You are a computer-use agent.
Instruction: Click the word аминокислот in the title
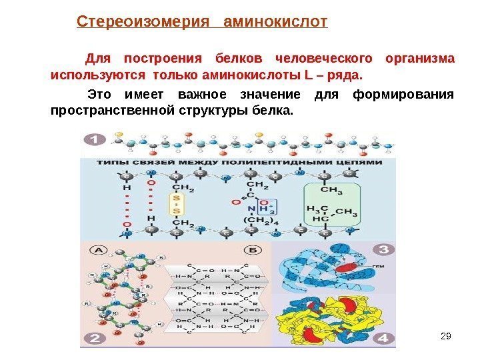[x=277, y=23]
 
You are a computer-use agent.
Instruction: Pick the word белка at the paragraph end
[x=274, y=109]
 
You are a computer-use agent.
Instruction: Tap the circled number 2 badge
[x=94, y=338]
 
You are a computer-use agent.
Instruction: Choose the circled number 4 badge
[x=382, y=337]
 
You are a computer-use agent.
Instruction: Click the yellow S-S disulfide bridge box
[x=177, y=205]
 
